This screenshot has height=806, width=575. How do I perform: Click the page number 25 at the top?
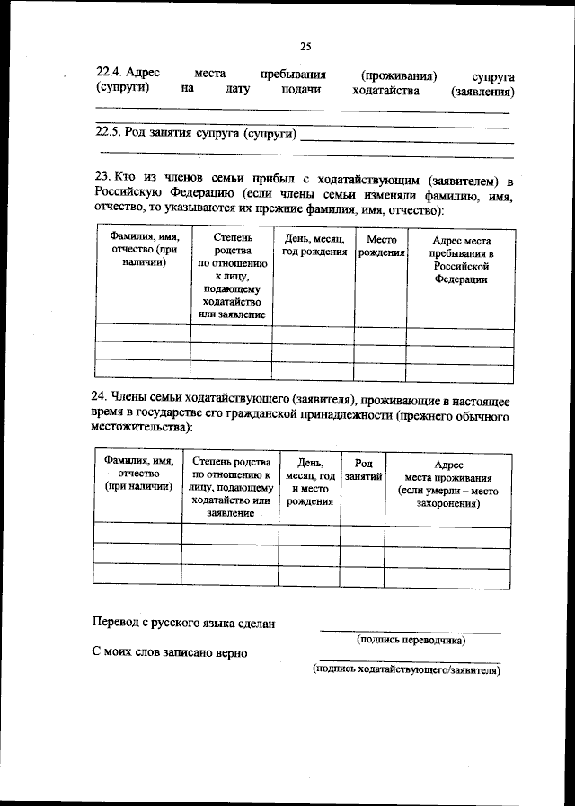[305, 47]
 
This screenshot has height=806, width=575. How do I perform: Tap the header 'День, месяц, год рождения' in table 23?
[314, 246]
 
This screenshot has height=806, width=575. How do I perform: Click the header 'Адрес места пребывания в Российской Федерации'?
[460, 261]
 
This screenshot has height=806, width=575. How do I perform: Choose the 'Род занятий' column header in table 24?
[363, 469]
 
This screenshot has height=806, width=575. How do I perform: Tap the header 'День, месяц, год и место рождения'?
[309, 482]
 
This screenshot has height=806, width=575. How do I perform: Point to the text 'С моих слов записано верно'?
[170, 652]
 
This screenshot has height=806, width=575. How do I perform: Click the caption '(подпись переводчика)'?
[411, 641]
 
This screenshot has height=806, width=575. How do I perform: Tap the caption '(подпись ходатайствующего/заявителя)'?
[406, 670]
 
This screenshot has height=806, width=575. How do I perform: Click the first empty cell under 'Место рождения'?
[380, 333]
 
